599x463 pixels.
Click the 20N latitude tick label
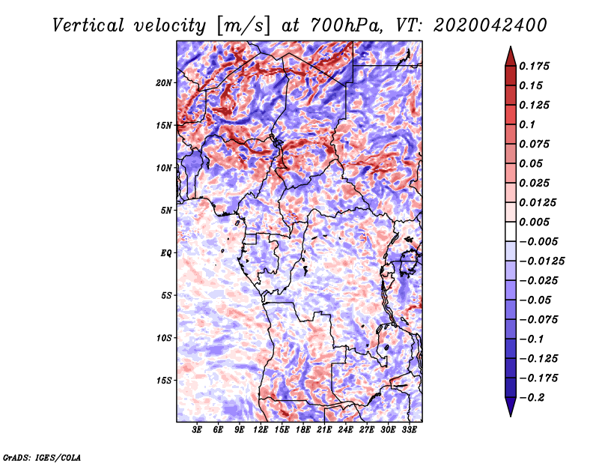click(x=164, y=82)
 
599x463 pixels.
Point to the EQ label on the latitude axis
click(x=166, y=253)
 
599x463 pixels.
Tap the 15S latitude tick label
click(x=164, y=381)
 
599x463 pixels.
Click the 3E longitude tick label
click(x=198, y=430)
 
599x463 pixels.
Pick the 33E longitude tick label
click(x=408, y=430)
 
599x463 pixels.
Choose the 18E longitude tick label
click(x=302, y=430)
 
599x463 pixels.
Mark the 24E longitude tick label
click(x=345, y=430)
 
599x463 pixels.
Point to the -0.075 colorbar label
click(x=539, y=320)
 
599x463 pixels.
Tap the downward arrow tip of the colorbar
click(x=510, y=414)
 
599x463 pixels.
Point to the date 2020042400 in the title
click(x=482, y=25)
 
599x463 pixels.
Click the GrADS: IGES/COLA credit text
click(x=41, y=456)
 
